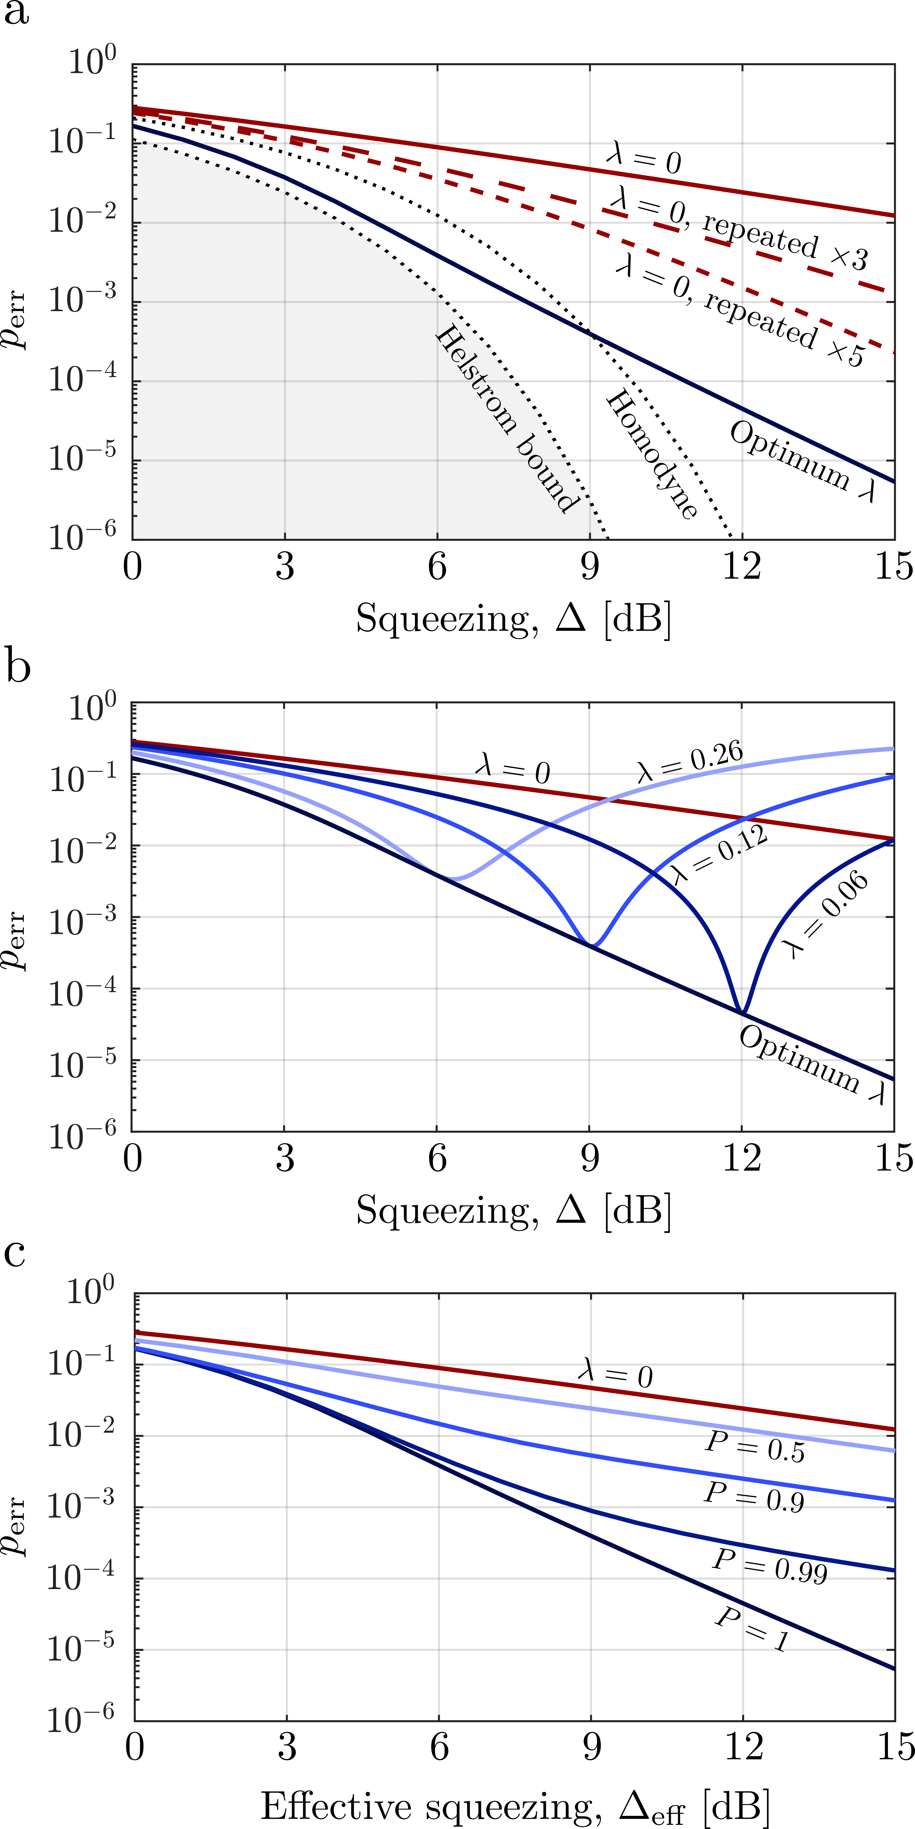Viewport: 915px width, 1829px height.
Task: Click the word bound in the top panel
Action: (546, 474)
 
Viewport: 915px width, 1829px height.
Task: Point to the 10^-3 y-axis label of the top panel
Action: (82, 301)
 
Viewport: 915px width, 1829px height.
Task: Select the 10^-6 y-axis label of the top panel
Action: (82, 538)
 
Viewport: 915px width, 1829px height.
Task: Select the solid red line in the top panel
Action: (710, 186)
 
